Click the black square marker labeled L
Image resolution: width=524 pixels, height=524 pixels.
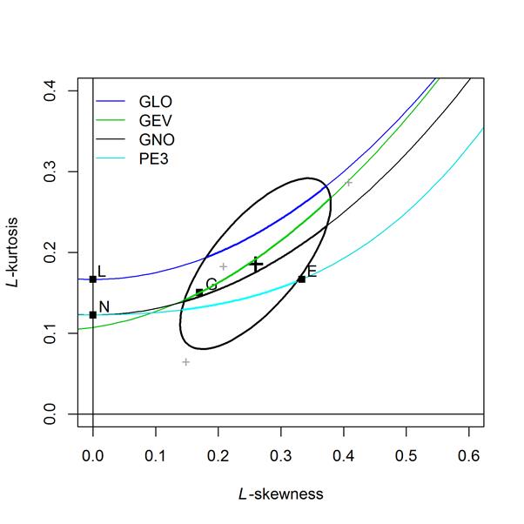click(x=93, y=279)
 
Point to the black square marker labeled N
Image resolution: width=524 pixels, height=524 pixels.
click(x=93, y=314)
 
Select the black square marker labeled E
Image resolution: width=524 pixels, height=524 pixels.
click(x=301, y=279)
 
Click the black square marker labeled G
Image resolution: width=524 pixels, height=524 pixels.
click(x=199, y=292)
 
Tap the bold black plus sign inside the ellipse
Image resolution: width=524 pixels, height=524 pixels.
click(x=256, y=265)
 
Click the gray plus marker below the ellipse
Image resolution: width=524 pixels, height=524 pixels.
click(x=186, y=361)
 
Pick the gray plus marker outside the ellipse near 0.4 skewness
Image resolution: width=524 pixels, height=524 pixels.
click(x=348, y=183)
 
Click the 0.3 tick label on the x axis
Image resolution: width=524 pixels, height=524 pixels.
click(x=281, y=454)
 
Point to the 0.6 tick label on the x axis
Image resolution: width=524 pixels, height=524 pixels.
click(x=469, y=454)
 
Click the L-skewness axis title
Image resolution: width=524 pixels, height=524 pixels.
click(x=280, y=494)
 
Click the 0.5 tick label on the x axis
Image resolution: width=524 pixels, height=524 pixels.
click(x=406, y=454)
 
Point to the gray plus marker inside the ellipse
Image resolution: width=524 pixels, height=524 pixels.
click(x=224, y=266)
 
